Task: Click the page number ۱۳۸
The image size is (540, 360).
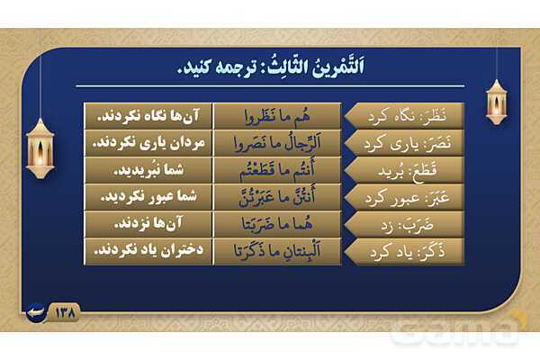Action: (65, 313)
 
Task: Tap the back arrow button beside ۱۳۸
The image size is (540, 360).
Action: (36, 313)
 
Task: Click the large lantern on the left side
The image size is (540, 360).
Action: (40, 148)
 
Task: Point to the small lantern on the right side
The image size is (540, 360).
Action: (496, 102)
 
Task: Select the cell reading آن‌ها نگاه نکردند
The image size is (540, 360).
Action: (148, 116)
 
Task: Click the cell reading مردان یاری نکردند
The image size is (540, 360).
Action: (148, 143)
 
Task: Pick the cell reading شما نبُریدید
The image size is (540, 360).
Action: (148, 170)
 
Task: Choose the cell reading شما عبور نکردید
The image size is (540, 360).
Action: (148, 197)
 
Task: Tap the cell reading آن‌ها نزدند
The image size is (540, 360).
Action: (148, 224)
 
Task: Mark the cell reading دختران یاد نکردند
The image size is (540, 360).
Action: (148, 251)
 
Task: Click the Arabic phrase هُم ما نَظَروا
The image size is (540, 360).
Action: (277, 117)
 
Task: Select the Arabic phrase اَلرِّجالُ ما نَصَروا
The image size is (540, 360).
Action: (277, 143)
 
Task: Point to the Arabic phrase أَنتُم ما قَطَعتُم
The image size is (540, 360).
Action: (277, 170)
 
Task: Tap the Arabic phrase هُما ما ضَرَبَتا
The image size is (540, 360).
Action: (277, 224)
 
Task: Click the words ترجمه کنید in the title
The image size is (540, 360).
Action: (217, 67)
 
